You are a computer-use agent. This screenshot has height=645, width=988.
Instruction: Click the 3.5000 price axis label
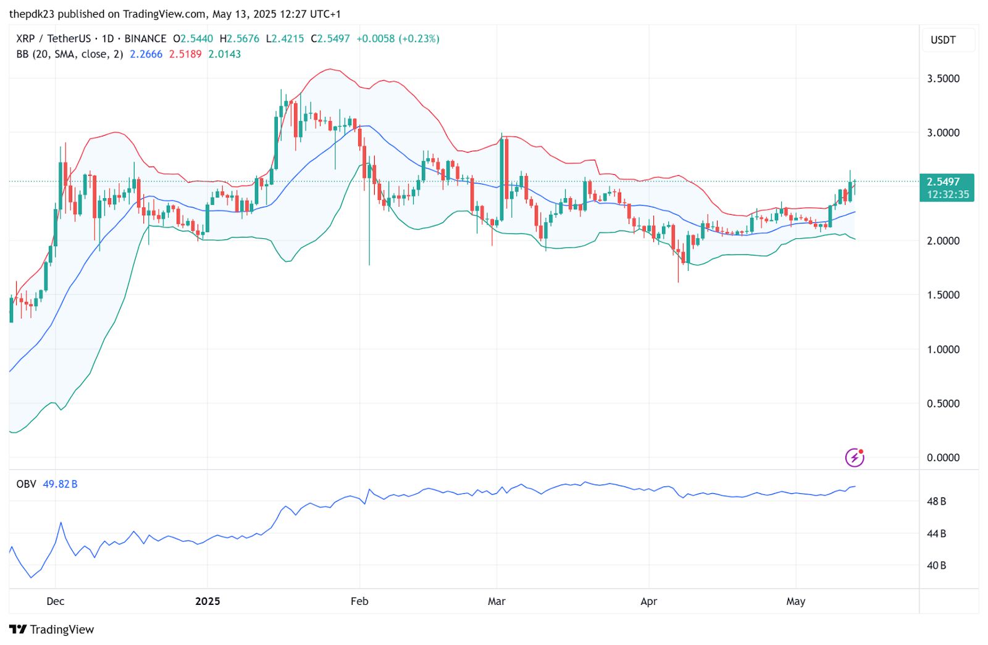point(943,78)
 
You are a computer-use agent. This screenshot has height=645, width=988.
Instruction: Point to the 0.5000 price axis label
point(943,404)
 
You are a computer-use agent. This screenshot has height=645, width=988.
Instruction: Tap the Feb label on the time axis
point(359,601)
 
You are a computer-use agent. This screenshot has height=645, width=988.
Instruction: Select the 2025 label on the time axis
point(207,601)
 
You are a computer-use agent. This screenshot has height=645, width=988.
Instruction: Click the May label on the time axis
point(796,601)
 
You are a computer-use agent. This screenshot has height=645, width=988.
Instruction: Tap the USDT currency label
point(943,40)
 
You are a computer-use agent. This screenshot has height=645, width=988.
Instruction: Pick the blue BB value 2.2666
point(146,54)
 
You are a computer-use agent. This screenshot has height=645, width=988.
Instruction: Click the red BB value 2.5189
point(185,54)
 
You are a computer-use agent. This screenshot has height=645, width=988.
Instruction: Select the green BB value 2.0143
point(225,54)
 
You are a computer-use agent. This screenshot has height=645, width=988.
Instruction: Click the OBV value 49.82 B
point(60,484)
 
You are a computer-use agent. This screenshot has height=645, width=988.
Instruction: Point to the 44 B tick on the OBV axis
point(936,533)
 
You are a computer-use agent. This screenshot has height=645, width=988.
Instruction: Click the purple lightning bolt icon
point(855,457)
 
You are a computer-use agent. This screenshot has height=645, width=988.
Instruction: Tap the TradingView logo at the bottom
point(52,630)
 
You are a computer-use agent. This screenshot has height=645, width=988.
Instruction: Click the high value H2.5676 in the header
point(240,38)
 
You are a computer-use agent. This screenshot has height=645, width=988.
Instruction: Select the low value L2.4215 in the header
point(285,38)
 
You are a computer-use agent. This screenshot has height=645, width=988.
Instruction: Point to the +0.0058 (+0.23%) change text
point(398,38)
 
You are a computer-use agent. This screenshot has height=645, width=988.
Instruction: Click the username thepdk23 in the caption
point(30,14)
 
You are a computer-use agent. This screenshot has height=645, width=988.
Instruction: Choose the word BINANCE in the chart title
point(145,38)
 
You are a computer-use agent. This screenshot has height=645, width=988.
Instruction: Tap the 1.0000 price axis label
point(943,349)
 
